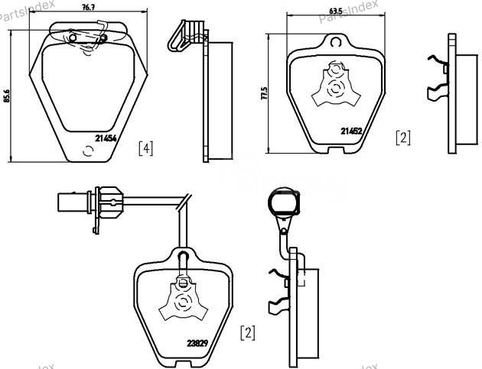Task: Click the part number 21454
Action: point(106,138)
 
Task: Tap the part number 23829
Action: point(198,343)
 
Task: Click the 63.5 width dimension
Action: point(335,10)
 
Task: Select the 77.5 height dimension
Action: point(264,94)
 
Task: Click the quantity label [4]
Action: point(145,147)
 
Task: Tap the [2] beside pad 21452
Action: point(402,138)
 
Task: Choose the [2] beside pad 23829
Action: point(247,332)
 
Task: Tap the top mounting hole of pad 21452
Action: point(332,43)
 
